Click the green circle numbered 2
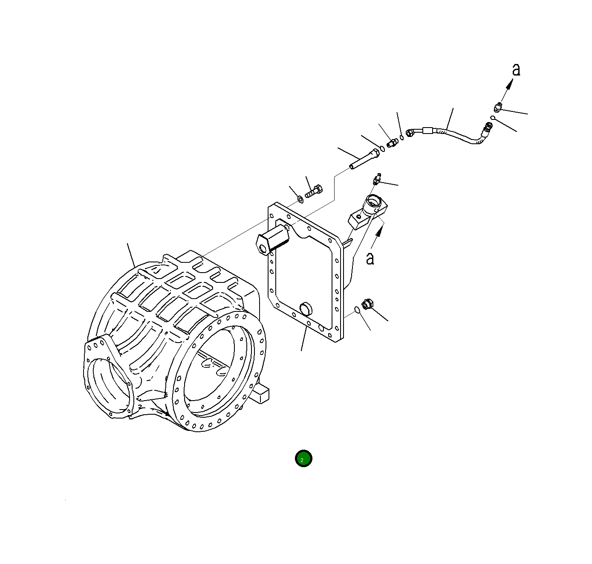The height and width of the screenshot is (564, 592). pos(303,459)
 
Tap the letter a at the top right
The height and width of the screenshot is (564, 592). pos(516,70)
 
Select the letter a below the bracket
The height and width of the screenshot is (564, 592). pos(370,258)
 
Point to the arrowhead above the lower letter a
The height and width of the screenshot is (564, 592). pos(378,232)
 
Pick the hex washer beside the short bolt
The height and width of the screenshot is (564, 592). pos(300,199)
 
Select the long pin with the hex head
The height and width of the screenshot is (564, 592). pos(364,159)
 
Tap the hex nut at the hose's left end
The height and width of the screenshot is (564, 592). pos(410,133)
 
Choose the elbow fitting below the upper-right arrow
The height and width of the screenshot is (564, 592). pos(497,108)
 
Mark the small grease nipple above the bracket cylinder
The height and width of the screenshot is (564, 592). pos(376,179)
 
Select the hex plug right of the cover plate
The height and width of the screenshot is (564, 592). pos(367,305)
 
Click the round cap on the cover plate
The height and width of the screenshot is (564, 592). pos(306,308)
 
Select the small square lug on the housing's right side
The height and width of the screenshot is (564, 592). pos(262,393)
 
